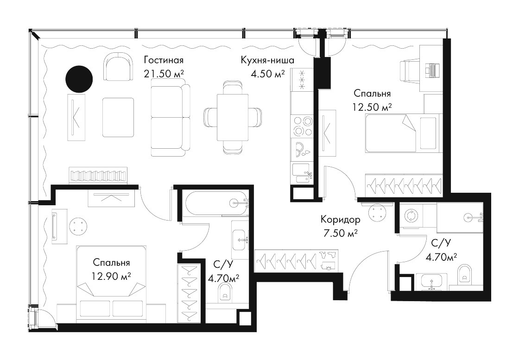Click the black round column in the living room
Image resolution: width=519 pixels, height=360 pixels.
pyautogui.click(x=79, y=79)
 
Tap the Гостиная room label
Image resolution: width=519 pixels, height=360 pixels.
pyautogui.click(x=164, y=60)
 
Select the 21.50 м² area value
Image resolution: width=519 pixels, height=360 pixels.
pyautogui.click(x=164, y=74)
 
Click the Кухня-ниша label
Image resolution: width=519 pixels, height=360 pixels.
pyautogui.click(x=267, y=60)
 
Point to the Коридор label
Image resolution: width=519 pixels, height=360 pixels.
pyautogui.click(x=340, y=219)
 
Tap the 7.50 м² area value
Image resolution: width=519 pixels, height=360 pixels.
pyautogui.click(x=340, y=233)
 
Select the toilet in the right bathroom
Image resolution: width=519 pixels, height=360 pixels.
pyautogui.click(x=465, y=273)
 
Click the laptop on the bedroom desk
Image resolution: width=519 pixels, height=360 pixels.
pyautogui.click(x=431, y=69)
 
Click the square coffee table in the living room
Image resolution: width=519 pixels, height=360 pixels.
pyautogui.click(x=118, y=118)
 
